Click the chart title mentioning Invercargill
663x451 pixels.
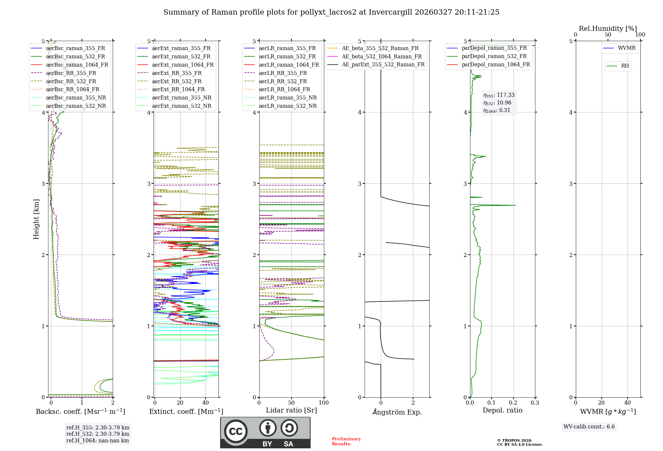(x=331, y=12)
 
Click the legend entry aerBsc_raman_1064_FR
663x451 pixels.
(x=77, y=65)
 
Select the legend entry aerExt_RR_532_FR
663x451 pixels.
(x=177, y=81)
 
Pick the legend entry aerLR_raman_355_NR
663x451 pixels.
(x=288, y=97)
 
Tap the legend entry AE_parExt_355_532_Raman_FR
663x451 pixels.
(x=383, y=64)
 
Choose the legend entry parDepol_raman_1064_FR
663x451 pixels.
(x=496, y=64)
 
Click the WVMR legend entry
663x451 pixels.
(x=627, y=48)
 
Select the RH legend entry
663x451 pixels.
(x=625, y=66)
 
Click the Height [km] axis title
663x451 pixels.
(x=36, y=219)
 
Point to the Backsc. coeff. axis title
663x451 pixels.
(x=81, y=412)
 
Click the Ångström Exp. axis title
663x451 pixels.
(x=397, y=412)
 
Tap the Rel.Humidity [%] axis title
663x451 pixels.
(x=608, y=29)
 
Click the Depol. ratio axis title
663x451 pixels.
(x=502, y=410)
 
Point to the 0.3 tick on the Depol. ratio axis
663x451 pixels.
(x=535, y=403)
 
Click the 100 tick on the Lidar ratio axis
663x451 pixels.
(x=324, y=403)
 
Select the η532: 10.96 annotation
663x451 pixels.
(x=497, y=103)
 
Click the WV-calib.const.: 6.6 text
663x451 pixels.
(x=589, y=427)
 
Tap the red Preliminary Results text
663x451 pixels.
(x=346, y=441)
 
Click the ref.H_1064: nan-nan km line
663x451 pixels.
(x=97, y=440)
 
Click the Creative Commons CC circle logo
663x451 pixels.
(x=236, y=431)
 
